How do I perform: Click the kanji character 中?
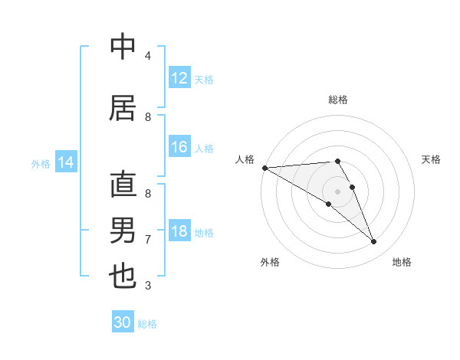pos(123,47)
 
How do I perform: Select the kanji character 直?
pos(123,185)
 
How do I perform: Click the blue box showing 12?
pos(179,77)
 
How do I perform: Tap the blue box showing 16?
pos(179,148)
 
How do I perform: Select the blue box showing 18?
pos(179,231)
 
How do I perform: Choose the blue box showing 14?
pos(66,162)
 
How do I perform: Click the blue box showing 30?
pos(123,322)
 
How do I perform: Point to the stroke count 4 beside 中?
pos(148,56)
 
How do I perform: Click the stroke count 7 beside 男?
pos(148,240)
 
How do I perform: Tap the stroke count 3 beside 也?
pos(148,286)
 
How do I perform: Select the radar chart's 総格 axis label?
pos(337,100)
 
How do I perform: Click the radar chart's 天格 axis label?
pos(432,159)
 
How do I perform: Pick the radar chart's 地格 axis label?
pos(402,262)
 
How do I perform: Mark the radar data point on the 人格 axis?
pos(264,167)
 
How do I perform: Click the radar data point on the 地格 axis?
pos(374,242)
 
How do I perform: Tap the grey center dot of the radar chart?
pos(337,191)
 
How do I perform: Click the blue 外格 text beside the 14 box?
pos(41,163)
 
